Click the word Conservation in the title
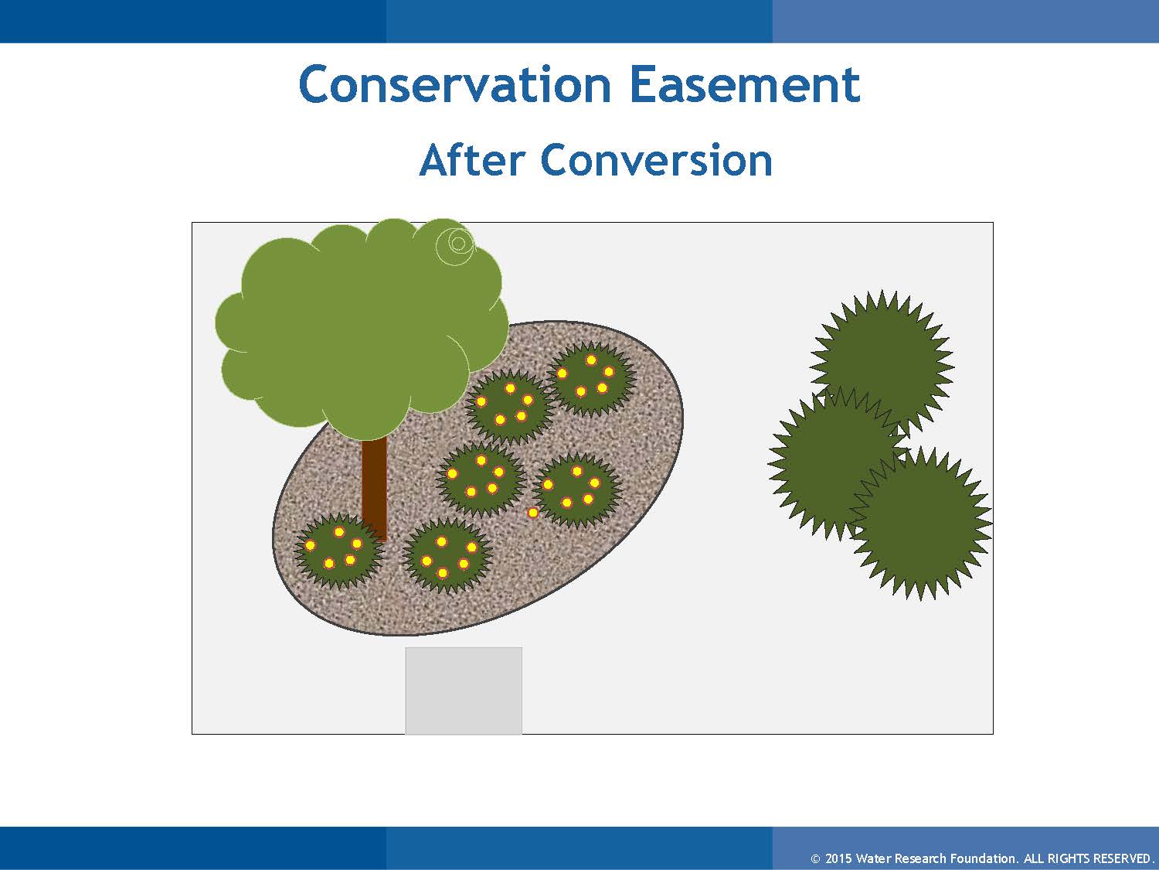click(x=454, y=84)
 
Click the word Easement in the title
click(x=745, y=84)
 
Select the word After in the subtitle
click(x=472, y=159)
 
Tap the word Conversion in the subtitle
click(x=656, y=159)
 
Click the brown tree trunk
click(x=375, y=489)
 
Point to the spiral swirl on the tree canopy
click(x=456, y=245)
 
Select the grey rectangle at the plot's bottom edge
click(x=464, y=691)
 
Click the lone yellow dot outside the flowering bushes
click(x=533, y=513)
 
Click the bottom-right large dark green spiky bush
click(x=921, y=523)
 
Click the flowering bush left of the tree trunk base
click(x=338, y=551)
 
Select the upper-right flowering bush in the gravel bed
click(x=591, y=378)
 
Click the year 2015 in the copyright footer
click(x=839, y=858)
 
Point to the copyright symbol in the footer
click(x=815, y=858)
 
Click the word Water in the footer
click(x=872, y=858)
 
